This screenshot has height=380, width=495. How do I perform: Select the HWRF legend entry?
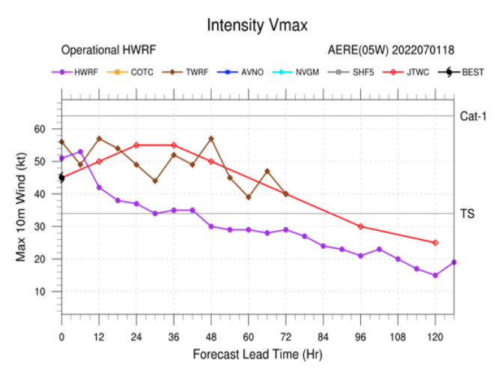point(82,72)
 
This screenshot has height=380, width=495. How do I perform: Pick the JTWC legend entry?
point(404,72)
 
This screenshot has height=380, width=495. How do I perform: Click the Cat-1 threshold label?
point(473,116)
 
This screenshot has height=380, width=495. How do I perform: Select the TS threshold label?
point(466,214)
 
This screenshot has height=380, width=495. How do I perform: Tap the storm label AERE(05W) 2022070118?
point(390,50)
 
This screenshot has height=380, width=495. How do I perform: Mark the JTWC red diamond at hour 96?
point(360,226)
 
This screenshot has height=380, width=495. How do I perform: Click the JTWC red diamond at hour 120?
point(435,243)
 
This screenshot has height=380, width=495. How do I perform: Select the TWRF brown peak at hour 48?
point(211,139)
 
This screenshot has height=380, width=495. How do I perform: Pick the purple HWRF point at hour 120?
point(435,275)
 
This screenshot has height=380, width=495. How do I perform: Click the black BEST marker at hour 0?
point(61,178)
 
